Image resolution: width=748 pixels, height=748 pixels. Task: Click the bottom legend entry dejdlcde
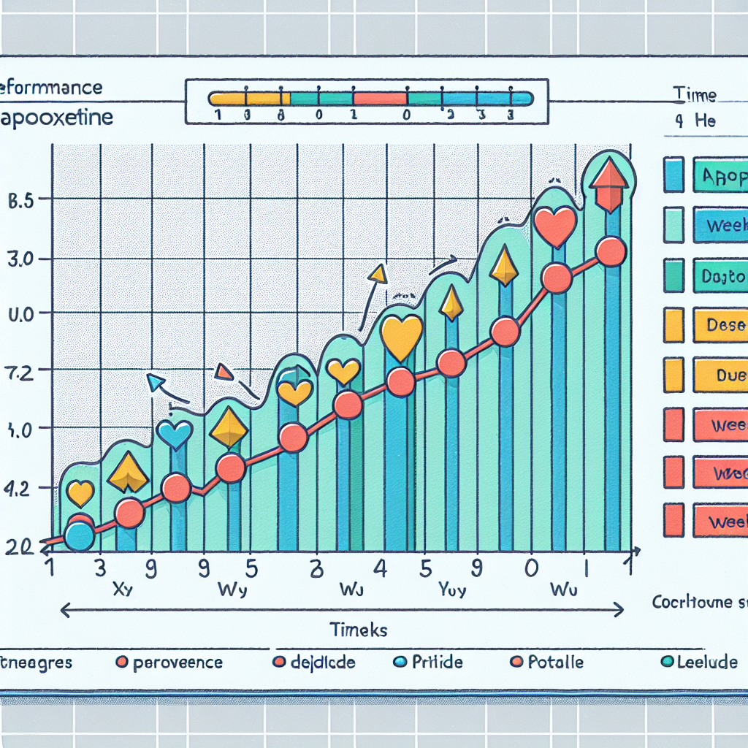(322, 663)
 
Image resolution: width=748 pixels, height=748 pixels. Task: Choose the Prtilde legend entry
(437, 663)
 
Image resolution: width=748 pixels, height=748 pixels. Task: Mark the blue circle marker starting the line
(79, 538)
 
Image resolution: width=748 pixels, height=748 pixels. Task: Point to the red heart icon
(555, 226)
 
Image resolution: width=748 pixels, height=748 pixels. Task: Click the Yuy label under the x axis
(451, 589)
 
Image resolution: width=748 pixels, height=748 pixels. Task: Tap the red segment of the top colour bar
(379, 98)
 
